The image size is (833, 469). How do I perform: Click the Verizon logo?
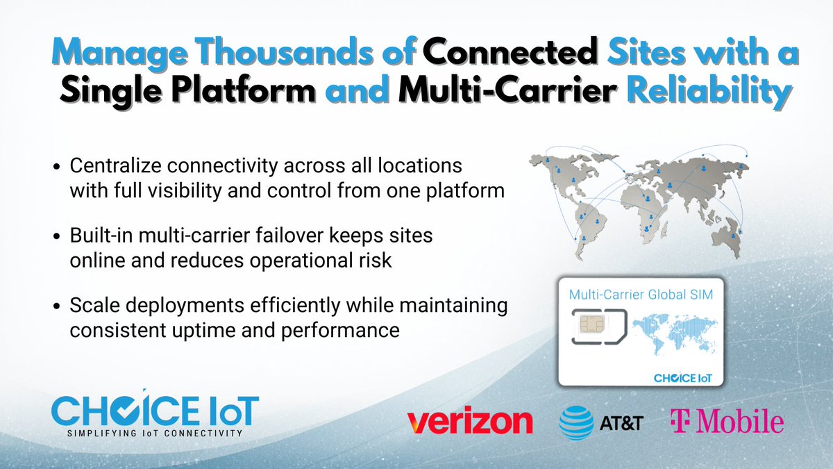pos(470,421)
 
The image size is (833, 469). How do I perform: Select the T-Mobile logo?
pos(726,421)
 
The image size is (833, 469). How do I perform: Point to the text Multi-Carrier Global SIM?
pos(641,294)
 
